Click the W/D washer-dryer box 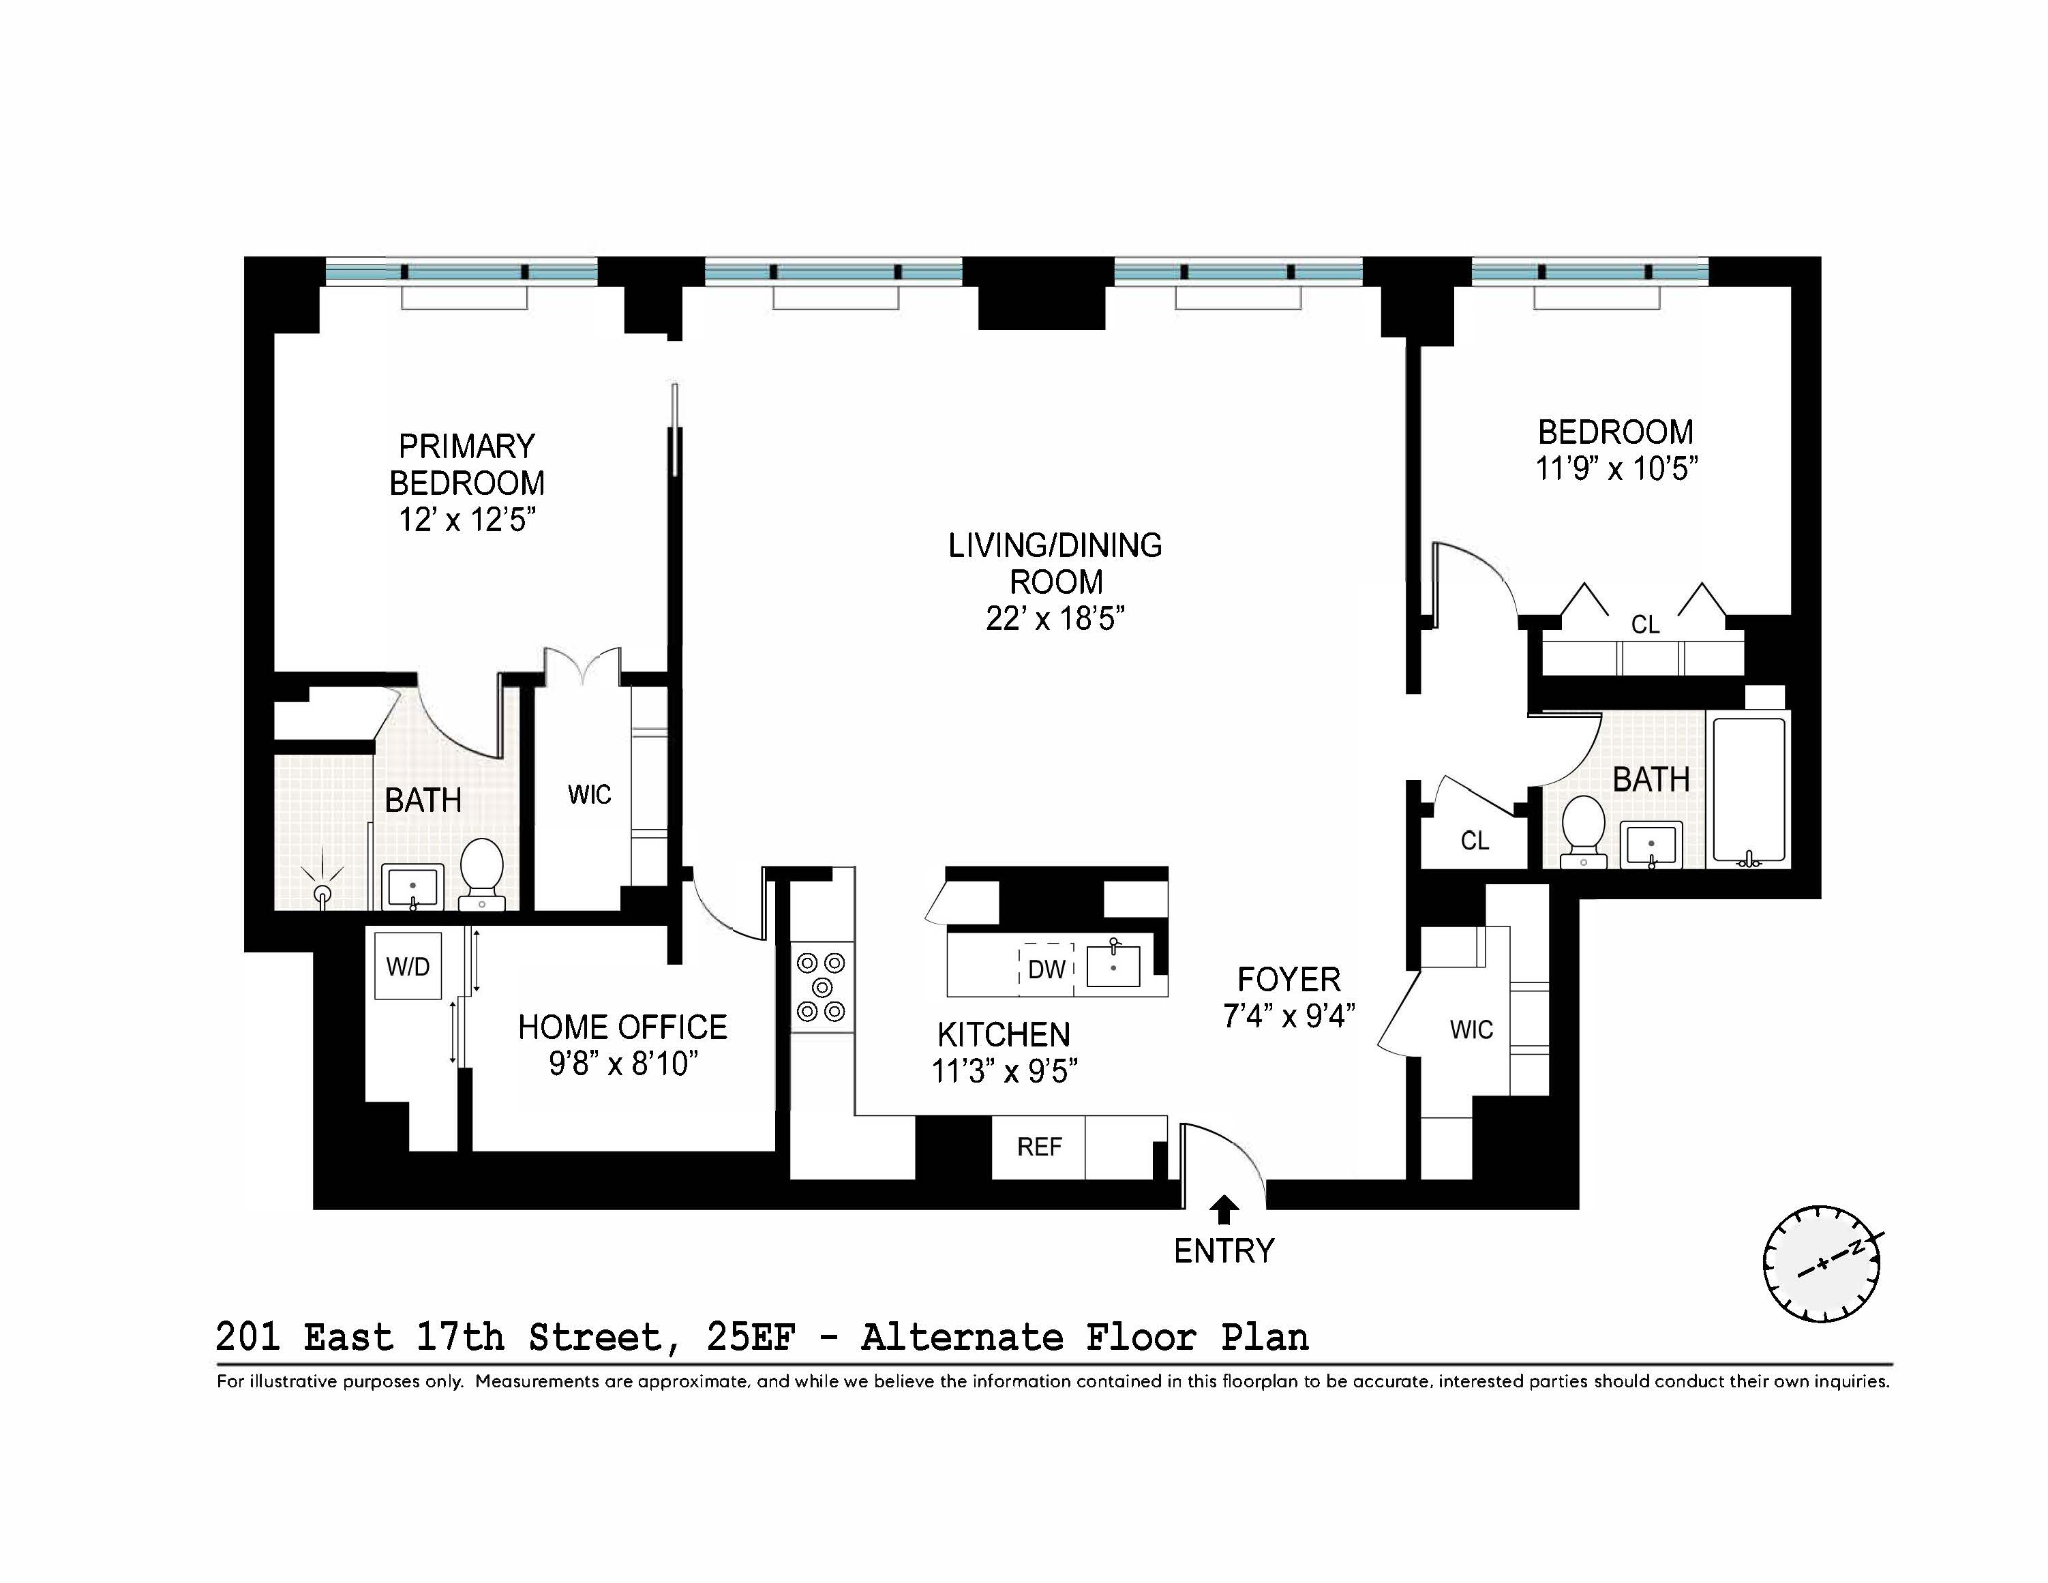coord(408,966)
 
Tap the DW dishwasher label coord(1046,969)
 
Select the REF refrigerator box coord(1039,1147)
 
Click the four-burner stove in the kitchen coord(822,986)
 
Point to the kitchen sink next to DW coord(1113,966)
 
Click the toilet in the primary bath coord(482,871)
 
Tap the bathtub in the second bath coord(1749,789)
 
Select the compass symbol coord(1822,1263)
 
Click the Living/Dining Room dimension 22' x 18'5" coord(1055,619)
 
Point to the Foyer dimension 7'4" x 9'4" coord(1289,1016)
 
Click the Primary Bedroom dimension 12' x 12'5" coord(467,519)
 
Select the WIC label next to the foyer coord(1471,1029)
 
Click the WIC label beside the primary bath coord(589,794)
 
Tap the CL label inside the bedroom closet coord(1645,624)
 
